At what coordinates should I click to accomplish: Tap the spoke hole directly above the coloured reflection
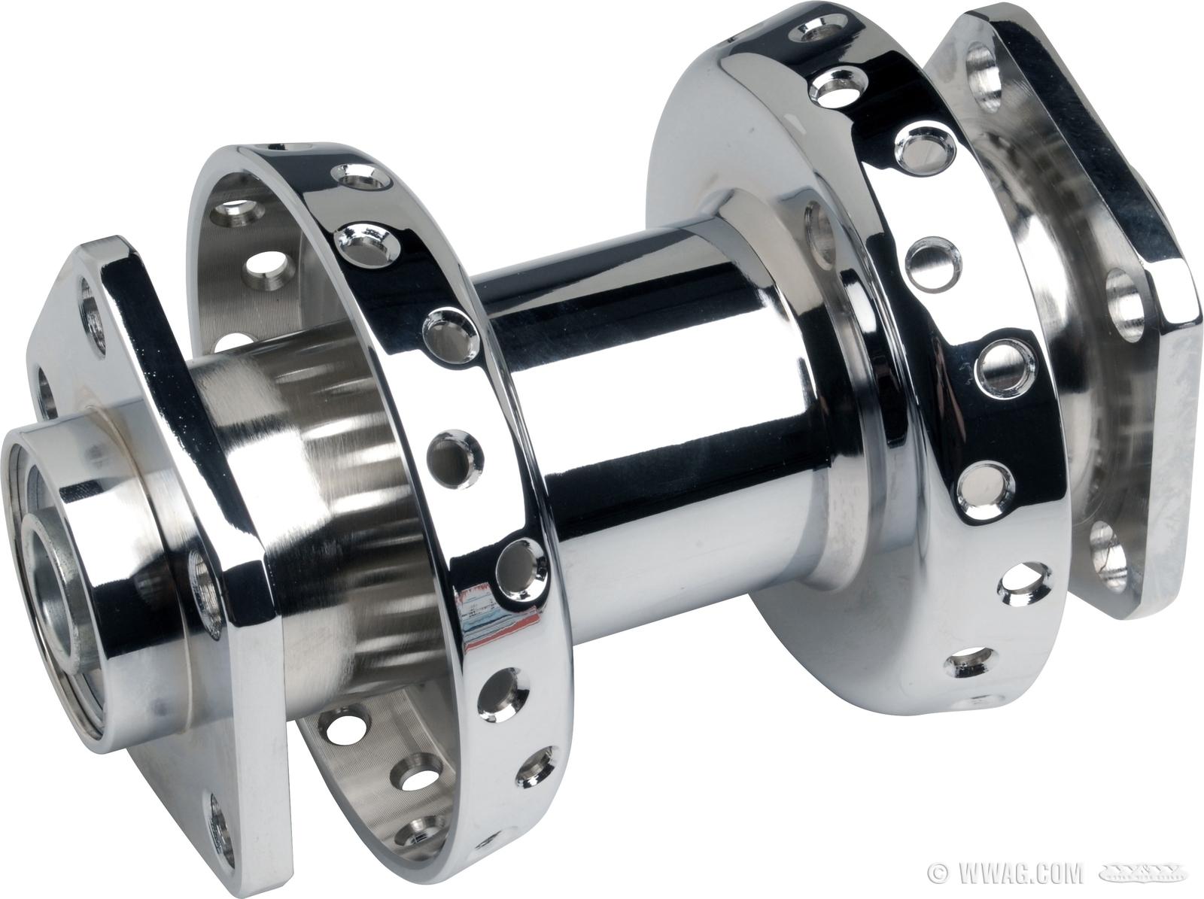click(517, 561)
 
